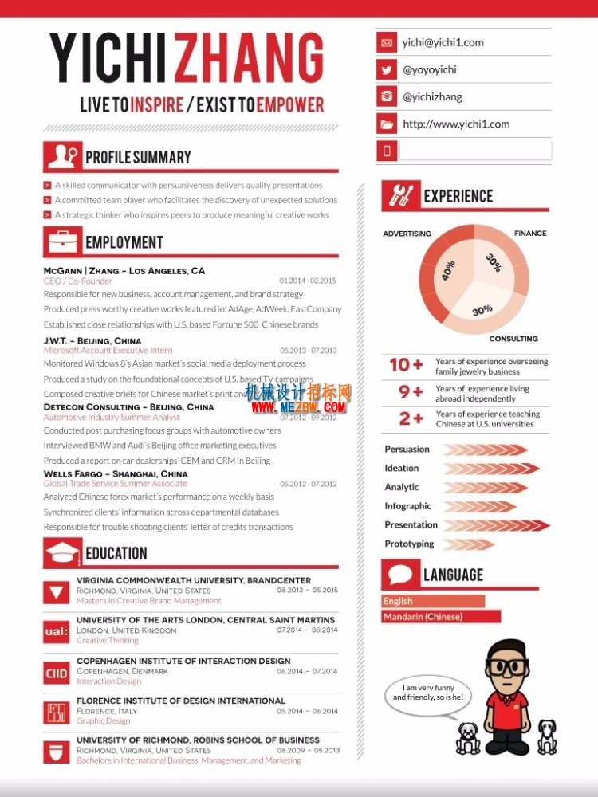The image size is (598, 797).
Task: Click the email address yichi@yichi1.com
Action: point(443,43)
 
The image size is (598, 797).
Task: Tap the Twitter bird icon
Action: point(388,70)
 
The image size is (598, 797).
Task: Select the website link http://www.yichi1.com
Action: point(456,124)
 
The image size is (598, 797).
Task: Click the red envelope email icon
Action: point(388,43)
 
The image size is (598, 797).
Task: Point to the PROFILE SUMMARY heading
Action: point(138,157)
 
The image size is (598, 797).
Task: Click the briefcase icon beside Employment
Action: point(62,241)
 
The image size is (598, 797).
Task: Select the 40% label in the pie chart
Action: point(448,271)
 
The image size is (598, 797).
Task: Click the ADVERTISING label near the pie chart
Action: point(407,234)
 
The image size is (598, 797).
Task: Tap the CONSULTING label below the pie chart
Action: point(513,339)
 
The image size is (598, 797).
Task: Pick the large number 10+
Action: point(406,365)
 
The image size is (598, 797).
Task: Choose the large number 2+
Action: point(411,418)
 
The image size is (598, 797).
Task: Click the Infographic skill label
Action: point(407,506)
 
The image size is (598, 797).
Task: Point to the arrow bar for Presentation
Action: point(496,525)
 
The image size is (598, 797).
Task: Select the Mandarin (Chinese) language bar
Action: point(441,617)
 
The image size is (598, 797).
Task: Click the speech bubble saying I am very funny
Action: point(427,693)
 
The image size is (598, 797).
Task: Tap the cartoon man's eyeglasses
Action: point(508,667)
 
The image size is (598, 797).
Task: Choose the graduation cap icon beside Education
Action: point(62,552)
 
